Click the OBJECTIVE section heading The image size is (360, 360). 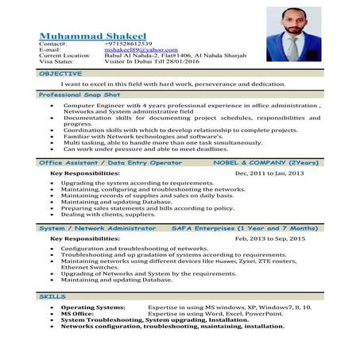click(60, 73)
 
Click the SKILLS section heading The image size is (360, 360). click(52, 296)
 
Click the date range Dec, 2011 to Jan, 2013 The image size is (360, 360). click(270, 172)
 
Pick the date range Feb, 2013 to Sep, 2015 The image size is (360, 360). click(270, 238)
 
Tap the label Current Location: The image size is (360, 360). click(65, 56)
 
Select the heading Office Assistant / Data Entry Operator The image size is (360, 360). click(110, 162)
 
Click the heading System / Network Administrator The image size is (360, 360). click(98, 228)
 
